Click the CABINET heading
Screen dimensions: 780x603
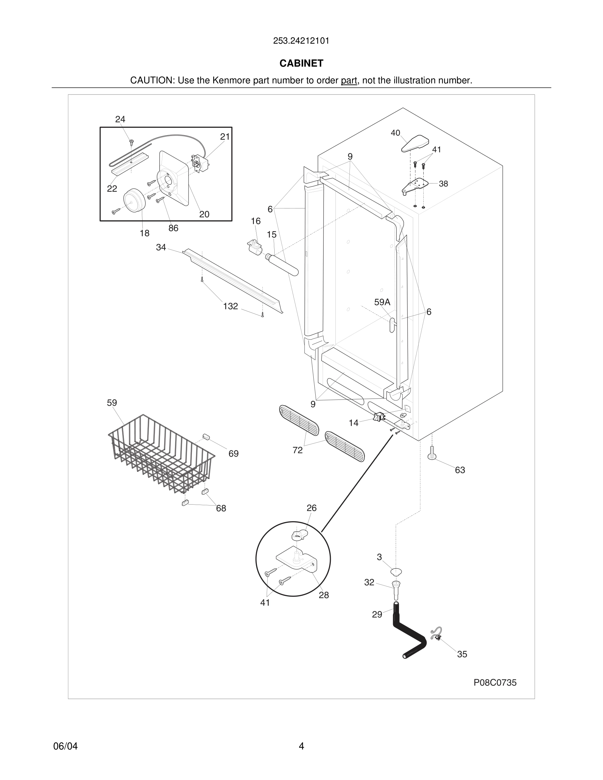(x=301, y=63)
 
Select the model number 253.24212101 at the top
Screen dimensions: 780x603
(x=301, y=41)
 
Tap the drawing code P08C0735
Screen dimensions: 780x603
(x=495, y=682)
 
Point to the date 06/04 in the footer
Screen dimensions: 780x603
(x=65, y=746)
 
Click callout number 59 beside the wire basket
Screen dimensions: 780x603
(x=112, y=403)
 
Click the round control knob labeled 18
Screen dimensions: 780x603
(x=134, y=201)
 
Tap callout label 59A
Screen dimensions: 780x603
(x=382, y=302)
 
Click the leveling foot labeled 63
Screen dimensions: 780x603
(x=432, y=454)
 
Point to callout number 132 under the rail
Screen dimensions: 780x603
(x=231, y=306)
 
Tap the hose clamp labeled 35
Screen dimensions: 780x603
(x=436, y=633)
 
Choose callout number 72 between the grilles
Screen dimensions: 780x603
(x=298, y=450)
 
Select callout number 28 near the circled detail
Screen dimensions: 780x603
(x=324, y=595)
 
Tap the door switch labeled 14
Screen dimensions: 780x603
(x=379, y=417)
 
